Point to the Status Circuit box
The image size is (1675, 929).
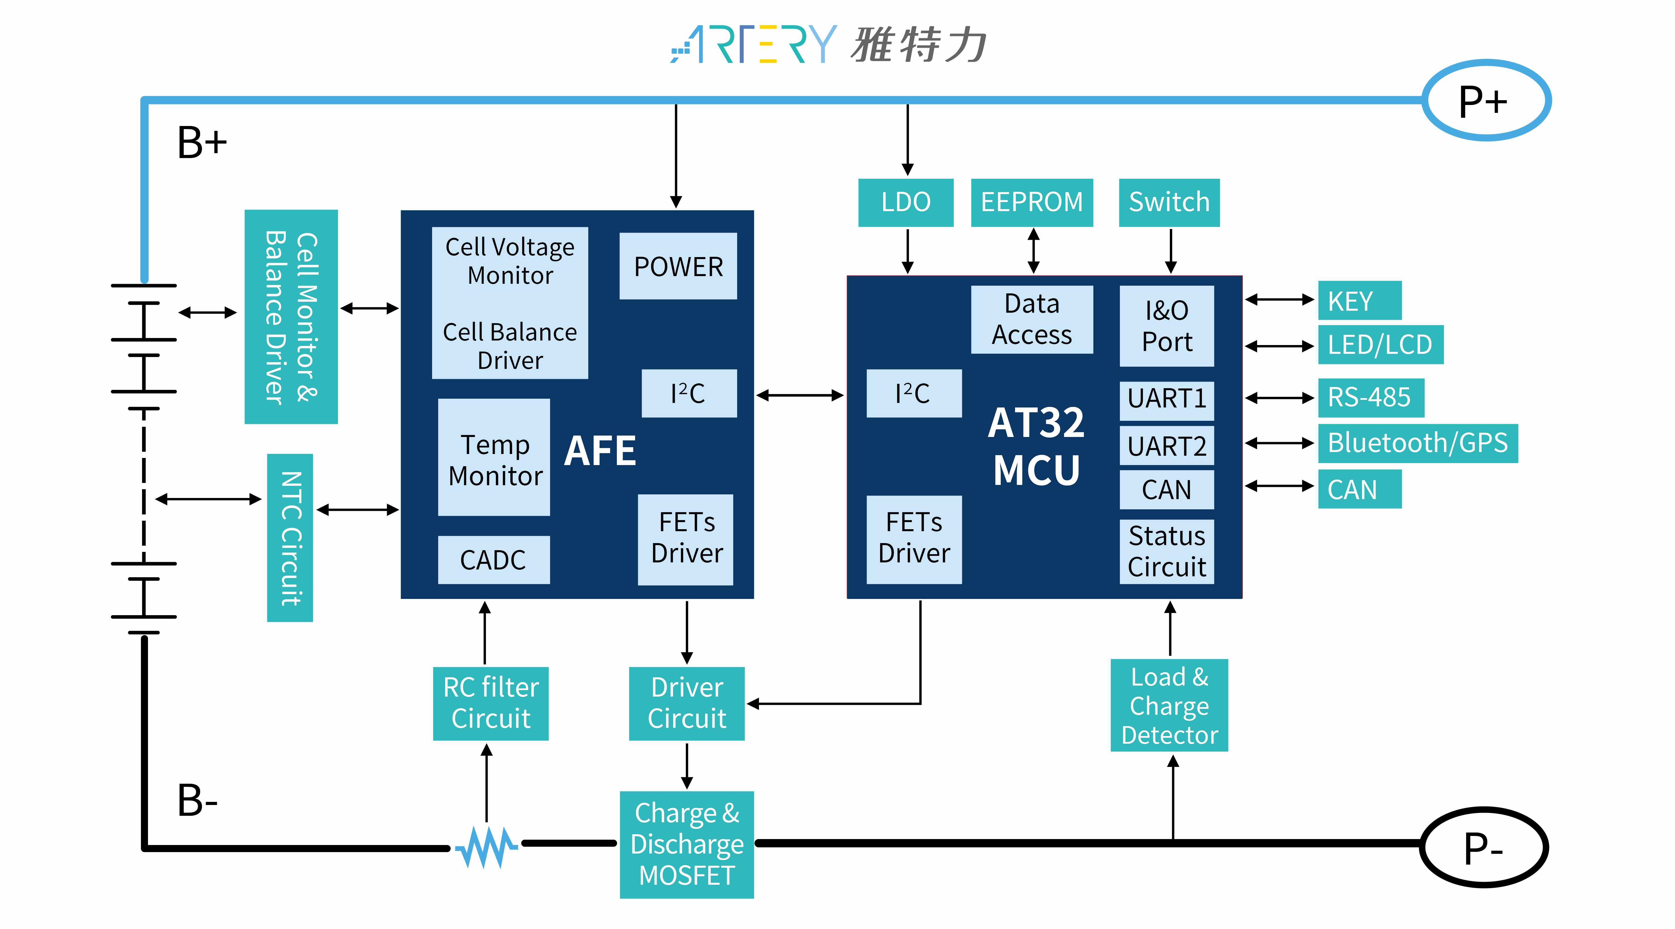[x=1166, y=551]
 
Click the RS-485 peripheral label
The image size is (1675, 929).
[x=1370, y=398]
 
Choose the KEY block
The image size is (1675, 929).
[x=1359, y=300]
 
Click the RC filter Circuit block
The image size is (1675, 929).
[x=491, y=703]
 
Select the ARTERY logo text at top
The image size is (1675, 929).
[x=754, y=44]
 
